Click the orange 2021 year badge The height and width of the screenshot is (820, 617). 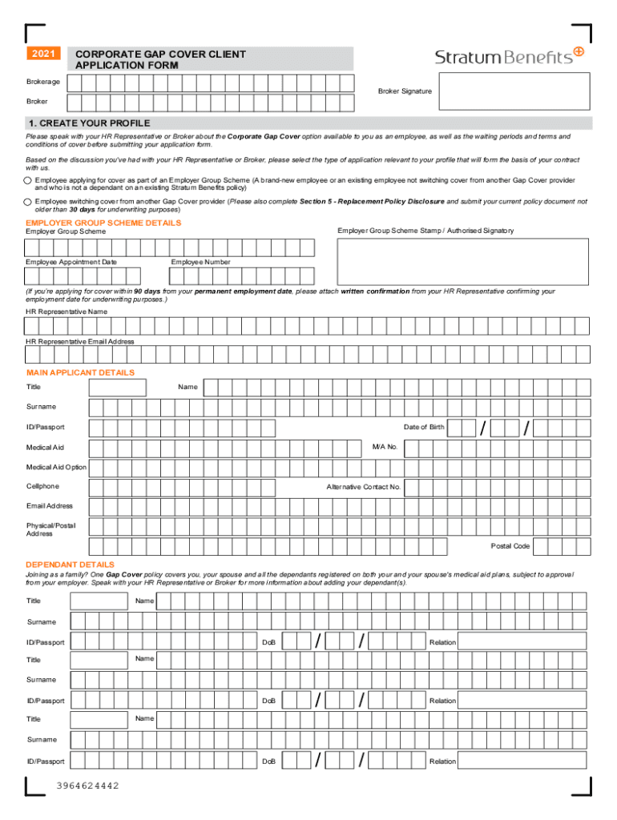tap(43, 54)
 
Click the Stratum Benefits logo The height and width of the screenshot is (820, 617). tap(510, 56)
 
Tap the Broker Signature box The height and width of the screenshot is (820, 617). tap(513, 91)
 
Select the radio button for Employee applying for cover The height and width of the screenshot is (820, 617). tap(28, 182)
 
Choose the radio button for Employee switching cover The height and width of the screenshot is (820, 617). tap(28, 202)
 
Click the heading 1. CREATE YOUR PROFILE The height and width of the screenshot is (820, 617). tap(88, 123)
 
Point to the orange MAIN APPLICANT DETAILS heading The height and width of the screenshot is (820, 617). tap(80, 372)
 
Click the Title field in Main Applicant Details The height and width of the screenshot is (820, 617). tap(117, 388)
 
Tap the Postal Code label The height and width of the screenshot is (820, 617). tap(510, 546)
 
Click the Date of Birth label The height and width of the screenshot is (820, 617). tap(424, 427)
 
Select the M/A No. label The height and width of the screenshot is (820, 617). tap(385, 446)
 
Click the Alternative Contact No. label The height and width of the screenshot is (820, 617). tap(363, 487)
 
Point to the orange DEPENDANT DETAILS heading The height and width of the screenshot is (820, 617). tap(70, 565)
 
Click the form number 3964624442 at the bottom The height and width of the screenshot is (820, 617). tap(87, 786)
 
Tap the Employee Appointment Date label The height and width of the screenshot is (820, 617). tap(71, 262)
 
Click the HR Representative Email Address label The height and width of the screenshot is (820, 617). tap(79, 341)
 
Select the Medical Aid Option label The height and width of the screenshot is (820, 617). tap(56, 467)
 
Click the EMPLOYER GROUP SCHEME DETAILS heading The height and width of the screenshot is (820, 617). tap(103, 223)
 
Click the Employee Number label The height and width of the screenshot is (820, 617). tap(200, 262)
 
